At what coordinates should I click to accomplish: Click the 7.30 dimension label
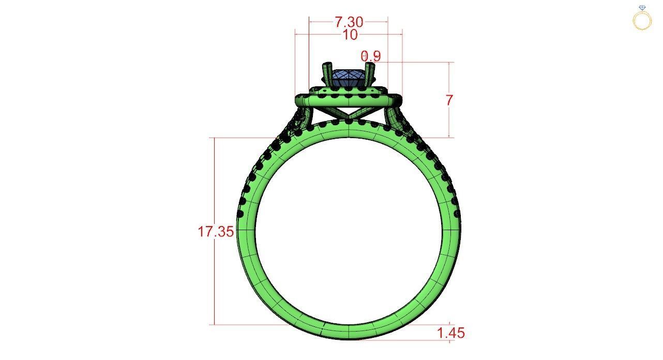click(349, 22)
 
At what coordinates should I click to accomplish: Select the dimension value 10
click(350, 35)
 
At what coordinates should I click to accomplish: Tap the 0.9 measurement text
click(371, 56)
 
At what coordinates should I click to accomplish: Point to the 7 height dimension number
click(449, 100)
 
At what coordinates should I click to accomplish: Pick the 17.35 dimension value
click(215, 231)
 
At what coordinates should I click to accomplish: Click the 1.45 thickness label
click(451, 333)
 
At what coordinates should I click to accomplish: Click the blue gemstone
click(348, 79)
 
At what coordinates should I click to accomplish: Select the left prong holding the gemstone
click(327, 74)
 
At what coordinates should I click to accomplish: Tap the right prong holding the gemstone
click(370, 74)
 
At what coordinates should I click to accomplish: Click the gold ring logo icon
click(642, 18)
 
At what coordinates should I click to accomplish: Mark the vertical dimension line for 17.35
click(214, 279)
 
